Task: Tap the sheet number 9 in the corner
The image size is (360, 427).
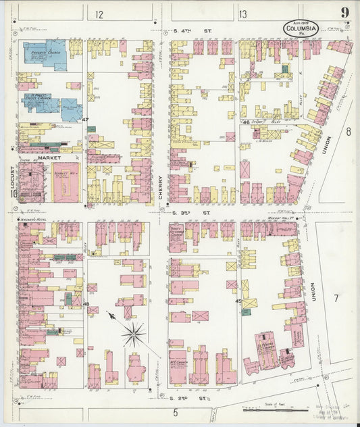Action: coord(345,13)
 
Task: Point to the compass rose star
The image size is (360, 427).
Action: coord(134,333)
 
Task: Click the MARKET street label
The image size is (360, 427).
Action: coord(49,157)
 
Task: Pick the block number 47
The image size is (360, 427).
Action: coord(85,120)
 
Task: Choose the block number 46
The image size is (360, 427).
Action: coord(247,122)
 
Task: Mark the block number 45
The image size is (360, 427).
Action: coord(238,301)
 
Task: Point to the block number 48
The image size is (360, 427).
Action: coord(86,305)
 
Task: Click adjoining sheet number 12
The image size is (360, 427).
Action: coord(100,14)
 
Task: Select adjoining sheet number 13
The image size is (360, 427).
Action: coord(242,14)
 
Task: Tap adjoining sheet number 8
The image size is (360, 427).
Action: coord(348,132)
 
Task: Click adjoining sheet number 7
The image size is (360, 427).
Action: coord(335,298)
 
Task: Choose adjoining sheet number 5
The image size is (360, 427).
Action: coord(174,413)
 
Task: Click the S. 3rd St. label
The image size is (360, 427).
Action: coord(183,213)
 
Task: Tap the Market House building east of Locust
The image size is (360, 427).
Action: coord(66,181)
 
